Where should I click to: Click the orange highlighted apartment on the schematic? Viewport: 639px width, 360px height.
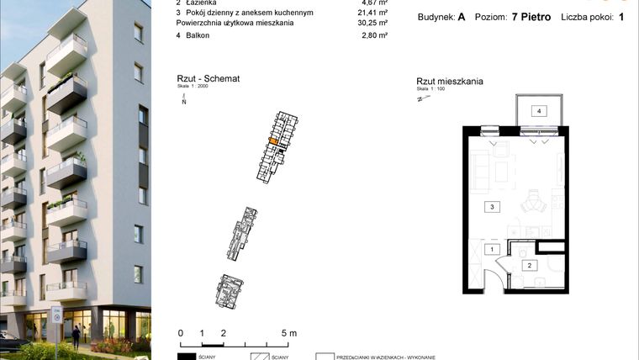[272, 142]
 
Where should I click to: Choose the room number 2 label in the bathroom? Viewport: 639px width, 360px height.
[530, 266]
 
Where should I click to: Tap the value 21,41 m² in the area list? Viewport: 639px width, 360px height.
[372, 13]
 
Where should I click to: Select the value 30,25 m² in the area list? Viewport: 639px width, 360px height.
[372, 24]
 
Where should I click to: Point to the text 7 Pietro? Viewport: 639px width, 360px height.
[532, 16]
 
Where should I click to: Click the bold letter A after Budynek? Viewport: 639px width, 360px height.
[462, 16]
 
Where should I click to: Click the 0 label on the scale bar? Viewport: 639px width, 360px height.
[180, 333]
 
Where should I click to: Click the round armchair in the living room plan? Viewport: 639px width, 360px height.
[531, 203]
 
